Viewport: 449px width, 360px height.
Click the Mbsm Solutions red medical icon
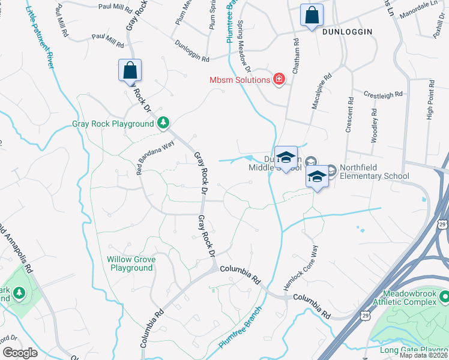(279, 80)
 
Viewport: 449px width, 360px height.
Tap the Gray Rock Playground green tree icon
(163, 124)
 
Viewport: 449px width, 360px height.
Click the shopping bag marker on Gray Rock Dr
(130, 70)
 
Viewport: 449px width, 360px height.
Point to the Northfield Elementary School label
(374, 172)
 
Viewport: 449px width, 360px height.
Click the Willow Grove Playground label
(131, 263)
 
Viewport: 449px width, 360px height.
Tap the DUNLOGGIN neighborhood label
(347, 31)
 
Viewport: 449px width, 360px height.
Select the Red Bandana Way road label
(155, 158)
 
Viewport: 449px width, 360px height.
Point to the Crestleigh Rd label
(384, 95)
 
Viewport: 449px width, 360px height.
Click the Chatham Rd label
(295, 56)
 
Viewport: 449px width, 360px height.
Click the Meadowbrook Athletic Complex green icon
(444, 296)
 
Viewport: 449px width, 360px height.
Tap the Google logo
(19, 353)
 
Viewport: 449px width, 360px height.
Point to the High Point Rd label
(429, 103)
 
